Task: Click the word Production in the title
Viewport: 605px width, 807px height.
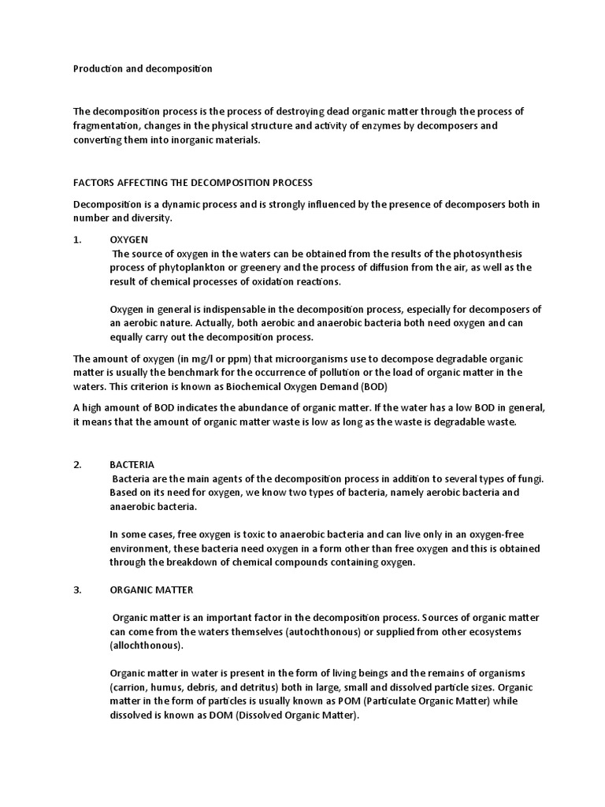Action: pyautogui.click(x=97, y=69)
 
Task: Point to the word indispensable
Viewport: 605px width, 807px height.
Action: pyautogui.click(x=223, y=309)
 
